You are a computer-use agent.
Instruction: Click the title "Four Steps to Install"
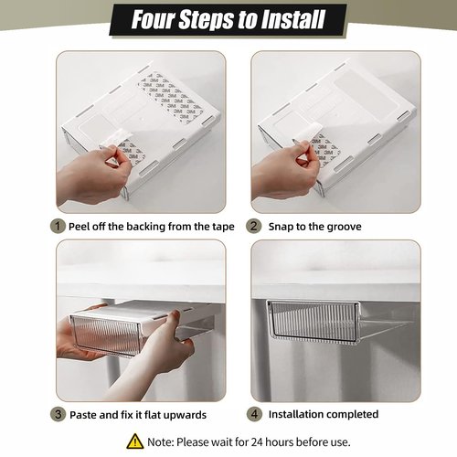click(x=228, y=19)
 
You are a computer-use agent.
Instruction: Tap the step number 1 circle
click(x=58, y=226)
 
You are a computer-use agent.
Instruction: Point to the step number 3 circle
click(x=58, y=414)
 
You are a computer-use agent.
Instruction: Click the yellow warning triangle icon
click(x=133, y=441)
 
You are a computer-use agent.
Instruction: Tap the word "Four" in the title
click(x=157, y=19)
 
